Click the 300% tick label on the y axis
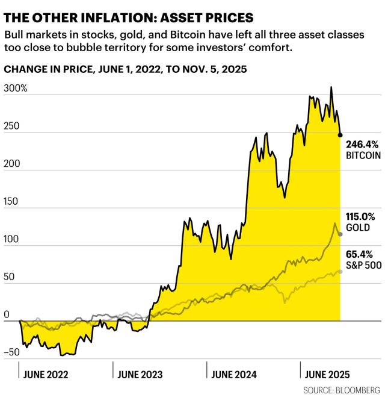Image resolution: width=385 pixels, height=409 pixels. [x=16, y=89]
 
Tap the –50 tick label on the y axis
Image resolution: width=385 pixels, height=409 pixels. [x=13, y=353]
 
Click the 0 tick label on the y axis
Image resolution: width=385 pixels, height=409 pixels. [x=7, y=315]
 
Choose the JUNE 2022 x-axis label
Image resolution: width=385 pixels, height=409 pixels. [x=46, y=374]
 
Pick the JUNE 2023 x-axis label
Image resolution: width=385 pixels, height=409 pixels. [x=139, y=374]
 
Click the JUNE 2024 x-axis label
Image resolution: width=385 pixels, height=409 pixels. [x=233, y=374]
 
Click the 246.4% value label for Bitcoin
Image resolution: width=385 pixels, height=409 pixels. [x=361, y=145]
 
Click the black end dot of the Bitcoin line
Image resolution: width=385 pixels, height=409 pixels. [x=340, y=136]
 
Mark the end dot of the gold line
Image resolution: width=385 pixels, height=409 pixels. [x=340, y=234]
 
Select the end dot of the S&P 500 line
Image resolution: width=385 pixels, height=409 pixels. [x=340, y=272]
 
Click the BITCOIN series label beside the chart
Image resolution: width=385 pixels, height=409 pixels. [x=363, y=155]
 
